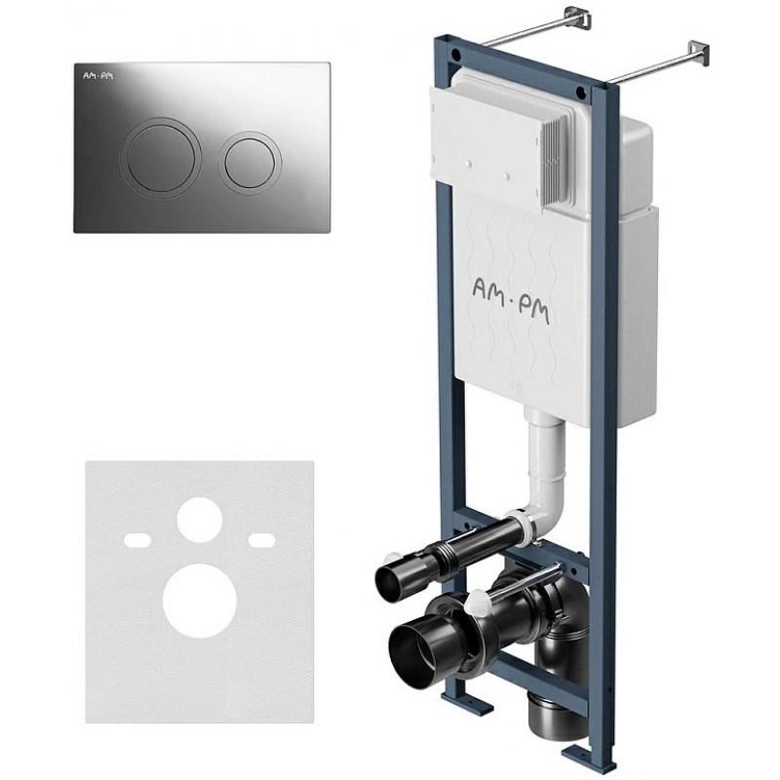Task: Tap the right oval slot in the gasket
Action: (261, 539)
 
